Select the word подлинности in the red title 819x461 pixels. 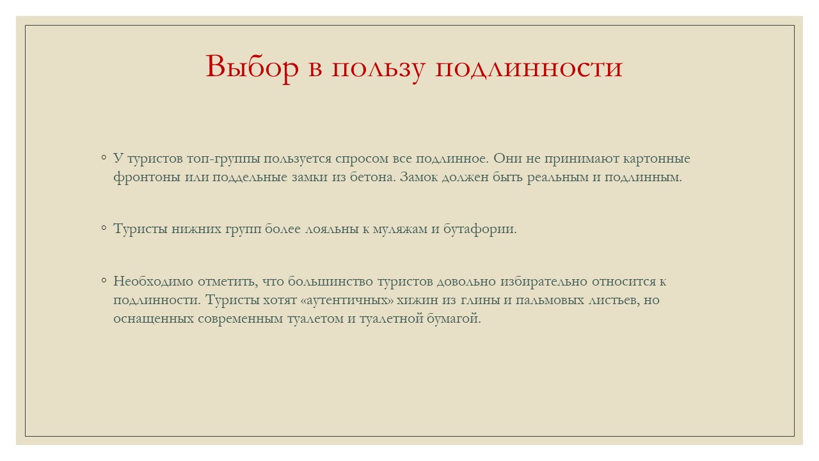529,67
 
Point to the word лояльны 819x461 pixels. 332,229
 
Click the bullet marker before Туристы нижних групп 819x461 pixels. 104,229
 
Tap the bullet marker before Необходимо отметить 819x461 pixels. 104,280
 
